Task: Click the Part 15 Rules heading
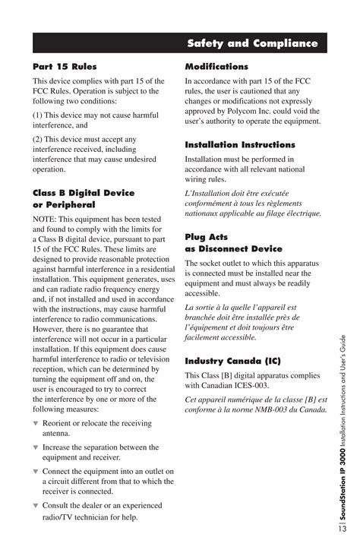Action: [x=65, y=67]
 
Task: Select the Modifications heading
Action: [x=216, y=67]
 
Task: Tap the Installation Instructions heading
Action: [x=240, y=144]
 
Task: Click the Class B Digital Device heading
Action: [x=84, y=193]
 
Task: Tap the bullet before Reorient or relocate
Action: [x=35, y=423]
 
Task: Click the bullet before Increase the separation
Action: [x=35, y=447]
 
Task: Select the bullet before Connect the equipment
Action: [x=35, y=472]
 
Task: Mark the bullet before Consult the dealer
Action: [x=35, y=505]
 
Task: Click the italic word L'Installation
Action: [x=214, y=192]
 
